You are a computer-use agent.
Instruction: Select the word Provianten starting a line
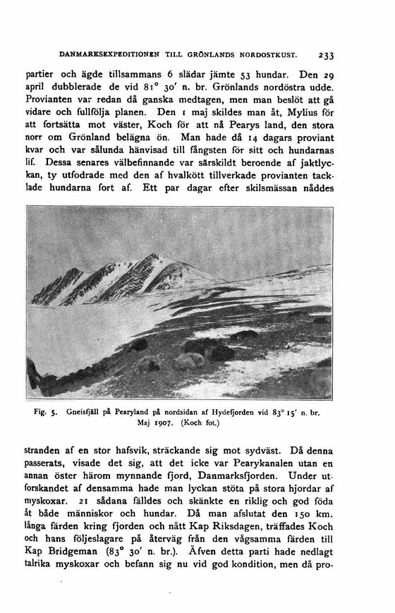pos(51,100)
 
